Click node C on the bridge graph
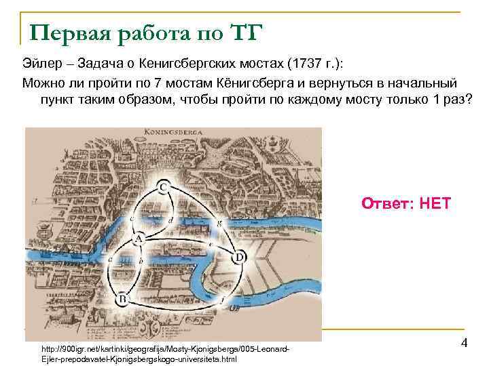(x=164, y=186)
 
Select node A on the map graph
(x=139, y=239)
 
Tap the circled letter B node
(x=122, y=298)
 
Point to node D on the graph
(x=239, y=258)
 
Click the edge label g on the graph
(x=218, y=222)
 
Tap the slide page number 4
(x=464, y=343)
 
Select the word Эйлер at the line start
(x=39, y=64)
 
